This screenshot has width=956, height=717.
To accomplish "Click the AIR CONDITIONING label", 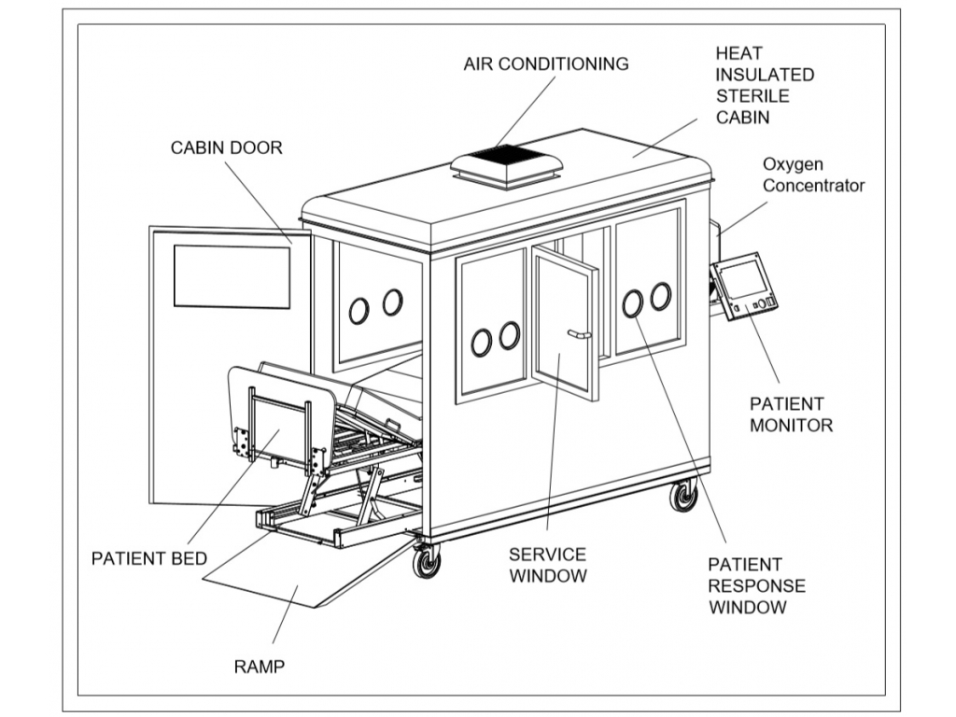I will coord(546,64).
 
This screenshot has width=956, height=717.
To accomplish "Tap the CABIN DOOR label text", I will coord(226,148).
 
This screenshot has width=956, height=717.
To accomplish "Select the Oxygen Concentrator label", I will coord(813,175).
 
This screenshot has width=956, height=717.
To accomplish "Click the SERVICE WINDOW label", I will coord(547,565).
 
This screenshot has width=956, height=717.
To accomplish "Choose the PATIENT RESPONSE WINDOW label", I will coord(756,586).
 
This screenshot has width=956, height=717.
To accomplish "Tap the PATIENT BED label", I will coord(148,559).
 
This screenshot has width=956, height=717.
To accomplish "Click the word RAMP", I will coord(259,667).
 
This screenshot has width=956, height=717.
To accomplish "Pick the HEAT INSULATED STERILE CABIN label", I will coord(765,85).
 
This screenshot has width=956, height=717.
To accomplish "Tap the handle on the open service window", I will coord(579,333).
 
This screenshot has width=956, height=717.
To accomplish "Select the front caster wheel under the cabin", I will coord(427,562).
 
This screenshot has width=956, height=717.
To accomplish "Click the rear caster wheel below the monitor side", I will coord(684,496).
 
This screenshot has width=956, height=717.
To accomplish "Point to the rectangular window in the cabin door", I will coord(232,276).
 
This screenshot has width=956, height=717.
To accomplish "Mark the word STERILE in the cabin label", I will coord(752,95).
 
